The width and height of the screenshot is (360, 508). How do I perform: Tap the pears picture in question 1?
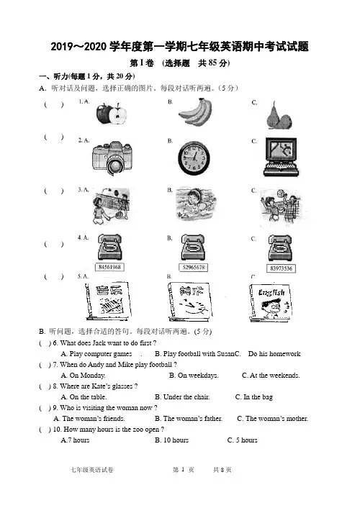click(x=279, y=116)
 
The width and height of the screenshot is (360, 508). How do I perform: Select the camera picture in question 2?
click(x=112, y=158)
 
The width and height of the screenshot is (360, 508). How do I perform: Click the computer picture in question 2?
click(x=281, y=157)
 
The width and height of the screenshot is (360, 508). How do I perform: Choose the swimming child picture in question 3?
click(x=196, y=204)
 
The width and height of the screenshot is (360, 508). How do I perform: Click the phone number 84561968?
click(x=109, y=267)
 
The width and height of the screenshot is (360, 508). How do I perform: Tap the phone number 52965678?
click(x=194, y=268)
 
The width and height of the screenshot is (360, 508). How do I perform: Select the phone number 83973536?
click(x=282, y=268)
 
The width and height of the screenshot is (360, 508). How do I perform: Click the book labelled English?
click(x=271, y=302)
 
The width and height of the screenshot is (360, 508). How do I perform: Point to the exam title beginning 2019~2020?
click(x=180, y=47)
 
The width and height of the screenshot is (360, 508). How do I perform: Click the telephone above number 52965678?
click(x=193, y=248)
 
